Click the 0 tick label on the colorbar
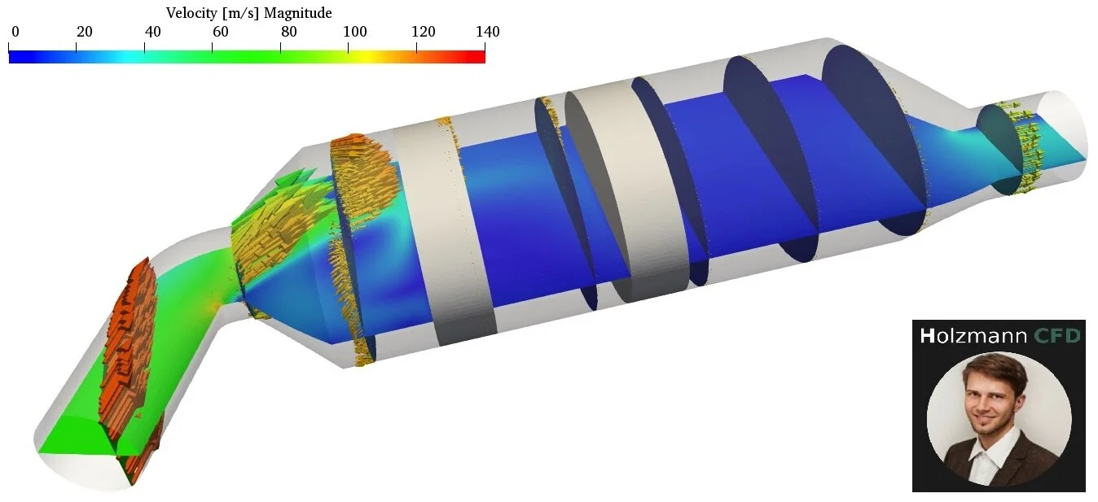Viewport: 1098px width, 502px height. (15, 32)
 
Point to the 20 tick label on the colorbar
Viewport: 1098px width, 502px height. (85, 32)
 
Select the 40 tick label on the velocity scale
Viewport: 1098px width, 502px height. (152, 32)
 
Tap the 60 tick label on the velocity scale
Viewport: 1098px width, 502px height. (220, 32)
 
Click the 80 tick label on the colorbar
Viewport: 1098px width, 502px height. (288, 32)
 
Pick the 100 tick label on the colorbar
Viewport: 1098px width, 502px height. (355, 32)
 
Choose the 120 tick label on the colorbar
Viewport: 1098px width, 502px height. (423, 32)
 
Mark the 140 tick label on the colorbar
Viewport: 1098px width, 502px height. (488, 32)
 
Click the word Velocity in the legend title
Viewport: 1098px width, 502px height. (191, 13)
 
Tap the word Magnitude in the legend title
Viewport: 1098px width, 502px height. (298, 13)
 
